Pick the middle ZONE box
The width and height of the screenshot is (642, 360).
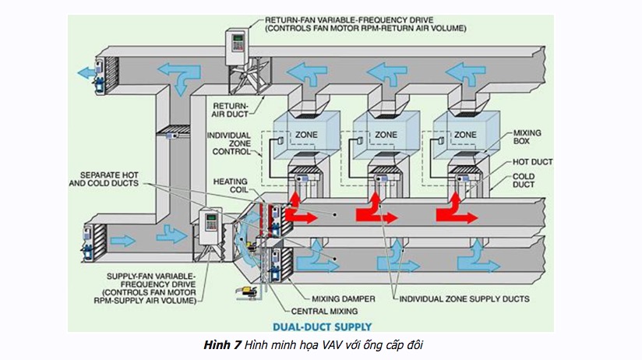click(x=386, y=134)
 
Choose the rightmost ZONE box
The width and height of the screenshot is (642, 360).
click(x=465, y=134)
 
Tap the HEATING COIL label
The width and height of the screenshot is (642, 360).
click(x=231, y=186)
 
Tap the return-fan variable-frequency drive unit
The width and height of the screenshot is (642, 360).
click(x=236, y=48)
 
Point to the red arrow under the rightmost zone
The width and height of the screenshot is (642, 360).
click(x=455, y=208)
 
